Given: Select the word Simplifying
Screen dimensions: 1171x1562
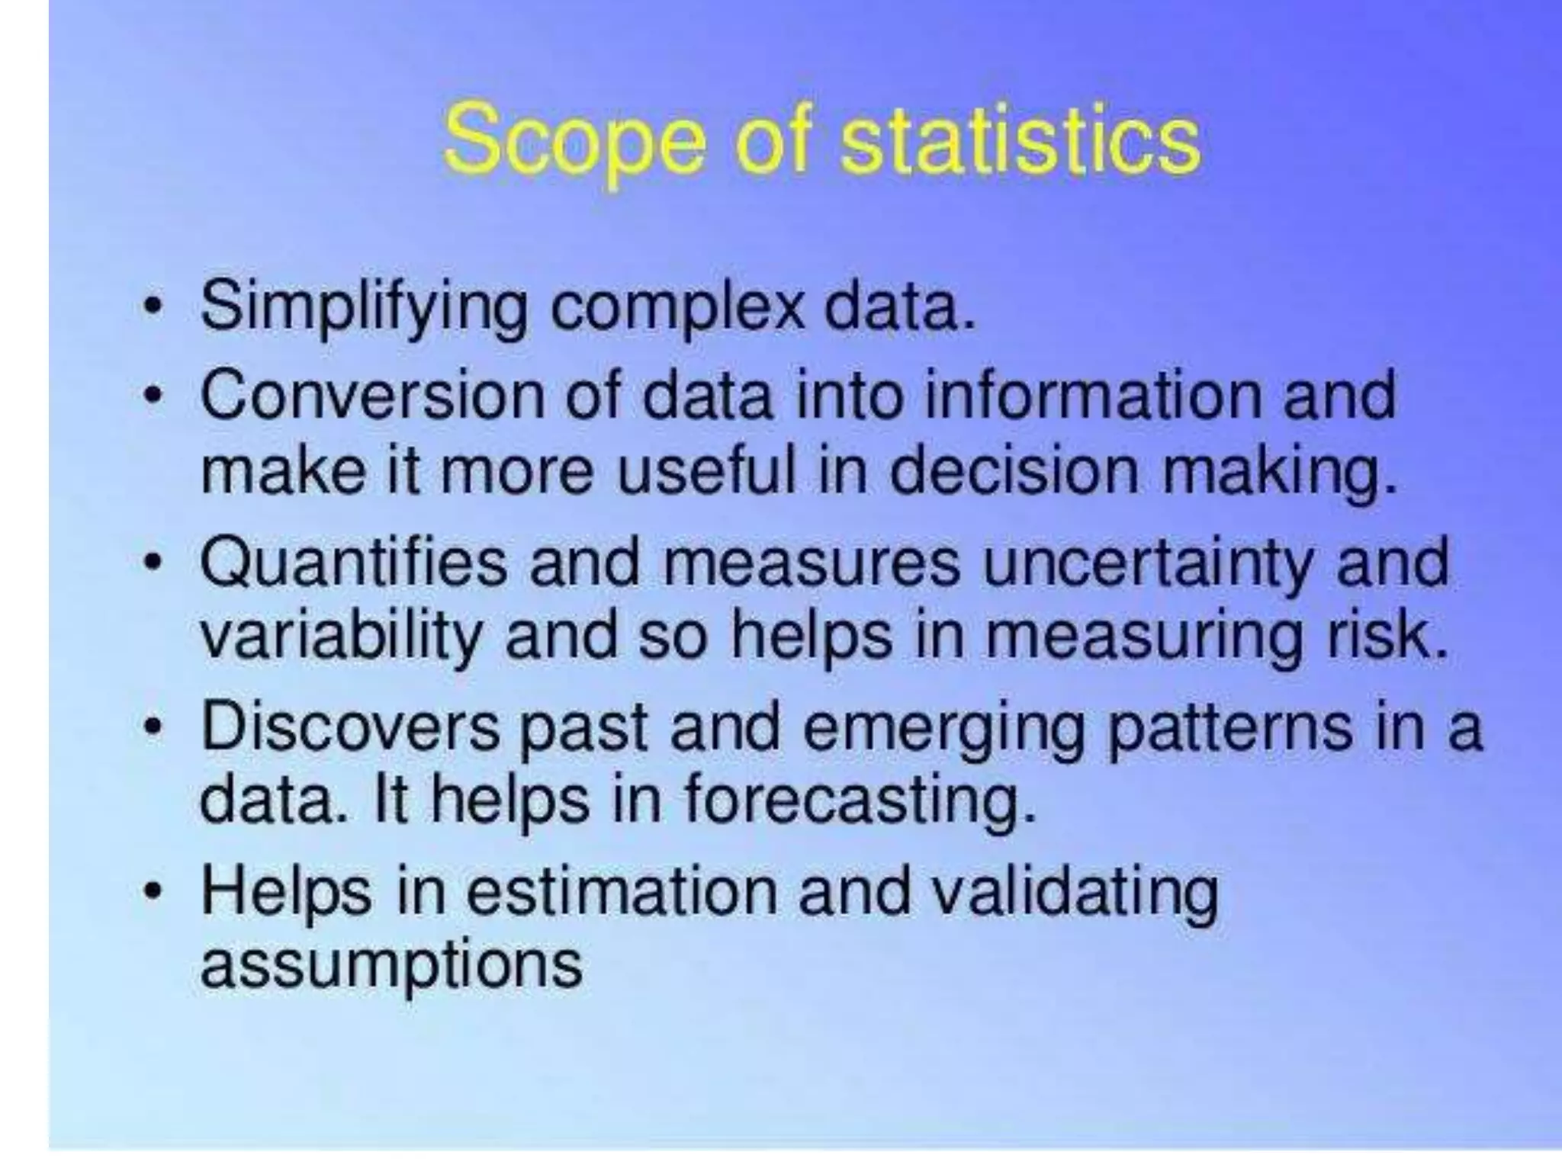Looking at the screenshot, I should click(363, 309).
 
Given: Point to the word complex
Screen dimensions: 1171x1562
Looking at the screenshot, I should click(677, 309).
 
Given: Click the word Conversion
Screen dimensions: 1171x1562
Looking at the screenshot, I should click(372, 396).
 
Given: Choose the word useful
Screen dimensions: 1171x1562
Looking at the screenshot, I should click(705, 470).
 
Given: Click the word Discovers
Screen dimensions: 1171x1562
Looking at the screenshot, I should click(351, 727).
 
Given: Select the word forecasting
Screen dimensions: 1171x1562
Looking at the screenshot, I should click(859, 803).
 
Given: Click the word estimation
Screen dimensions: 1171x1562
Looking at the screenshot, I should click(620, 891).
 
